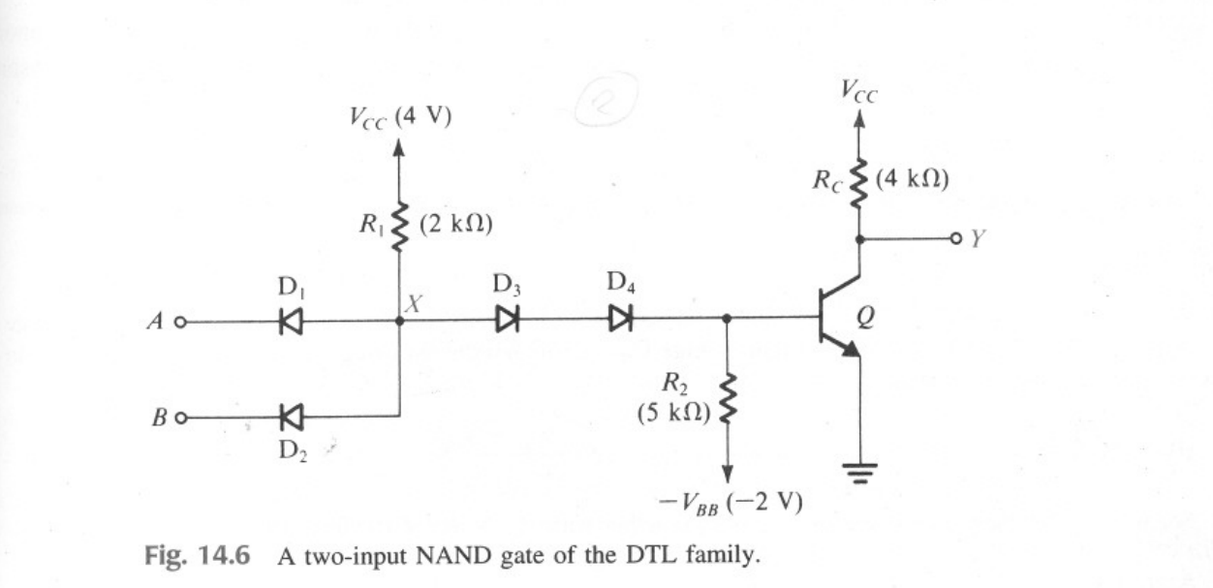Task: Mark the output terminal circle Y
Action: [x=955, y=238]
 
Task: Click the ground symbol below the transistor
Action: [x=858, y=472]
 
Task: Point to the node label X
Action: [x=414, y=304]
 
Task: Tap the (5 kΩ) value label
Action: [x=674, y=414]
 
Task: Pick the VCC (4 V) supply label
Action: [x=400, y=119]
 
